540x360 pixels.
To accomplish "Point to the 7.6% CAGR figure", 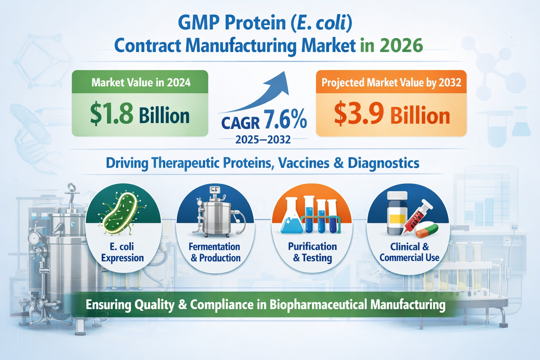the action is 285,119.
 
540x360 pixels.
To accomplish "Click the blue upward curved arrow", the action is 256,92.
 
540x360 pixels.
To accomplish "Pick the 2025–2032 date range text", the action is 263,140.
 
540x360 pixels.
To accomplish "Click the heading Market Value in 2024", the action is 141,83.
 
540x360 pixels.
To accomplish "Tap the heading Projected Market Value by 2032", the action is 391,83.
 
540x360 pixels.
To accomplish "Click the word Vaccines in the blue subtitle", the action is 303,163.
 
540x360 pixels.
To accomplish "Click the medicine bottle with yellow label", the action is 397,213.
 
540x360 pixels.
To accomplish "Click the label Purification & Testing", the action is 313,252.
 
